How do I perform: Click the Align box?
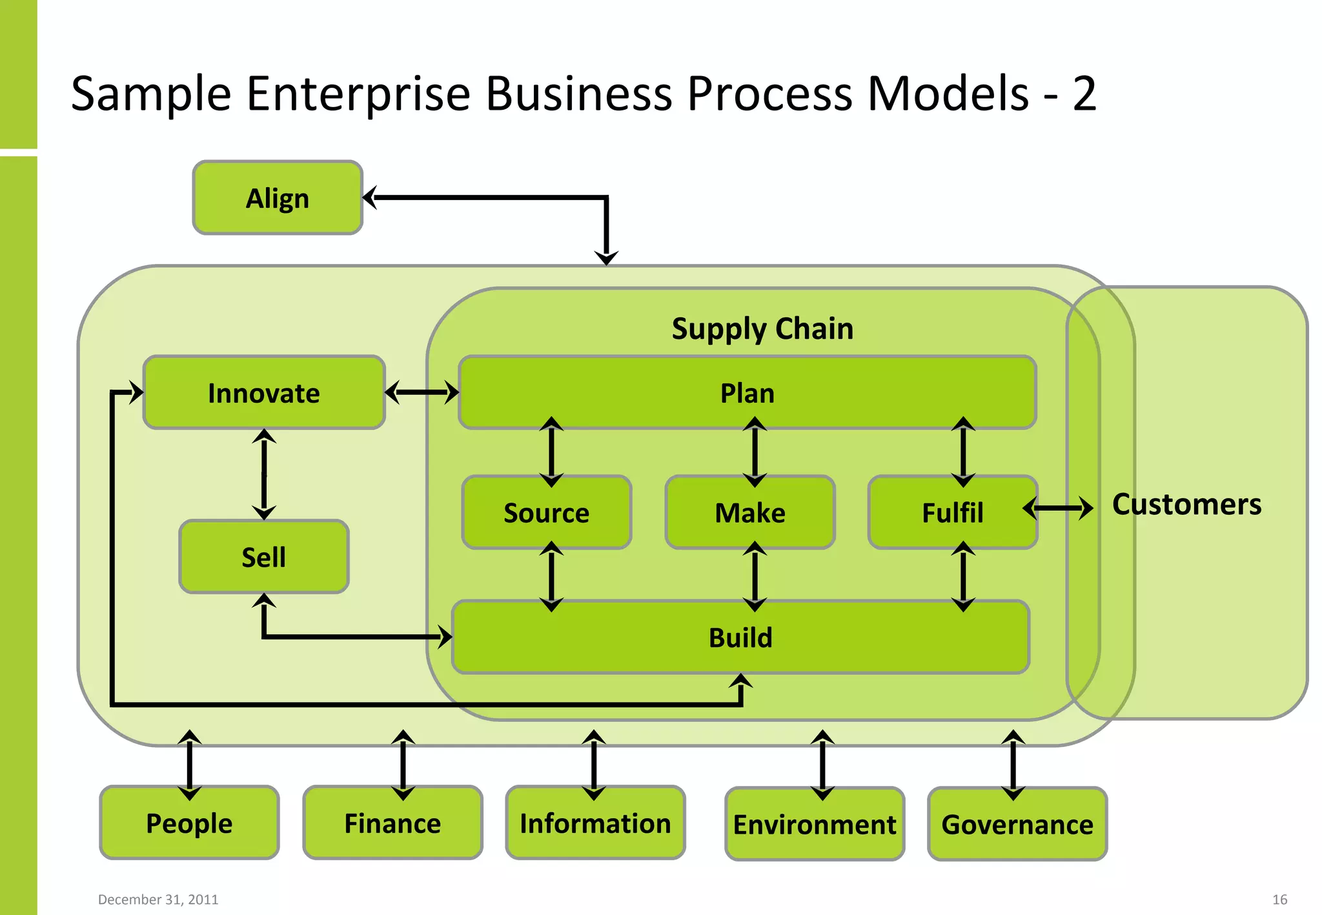[x=278, y=197]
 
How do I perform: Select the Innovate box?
[x=264, y=392]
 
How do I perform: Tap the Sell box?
[x=264, y=556]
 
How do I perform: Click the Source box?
[x=546, y=512]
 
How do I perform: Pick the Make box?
[x=750, y=512]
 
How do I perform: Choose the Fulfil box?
[x=952, y=512]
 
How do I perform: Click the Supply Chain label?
[x=762, y=328]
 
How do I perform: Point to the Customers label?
[x=1186, y=504]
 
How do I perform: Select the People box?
[x=189, y=823]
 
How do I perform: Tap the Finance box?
[x=392, y=823]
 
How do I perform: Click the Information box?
[x=595, y=823]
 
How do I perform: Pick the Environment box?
[x=815, y=824]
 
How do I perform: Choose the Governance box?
[x=1017, y=824]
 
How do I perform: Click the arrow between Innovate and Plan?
[x=422, y=392]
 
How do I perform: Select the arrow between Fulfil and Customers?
[x=1059, y=508]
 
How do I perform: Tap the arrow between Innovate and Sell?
[x=264, y=474]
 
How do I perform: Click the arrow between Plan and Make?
[x=755, y=452]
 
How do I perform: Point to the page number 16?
[x=1279, y=899]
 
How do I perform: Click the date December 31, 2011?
[x=158, y=899]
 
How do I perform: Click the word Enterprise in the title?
[x=358, y=94]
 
